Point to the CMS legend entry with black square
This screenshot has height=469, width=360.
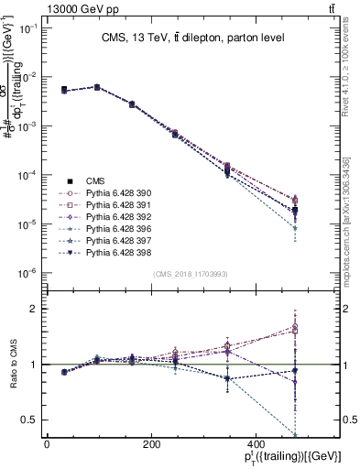(94, 182)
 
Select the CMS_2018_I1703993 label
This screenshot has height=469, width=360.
(191, 273)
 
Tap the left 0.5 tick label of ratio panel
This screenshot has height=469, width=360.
(29, 420)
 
